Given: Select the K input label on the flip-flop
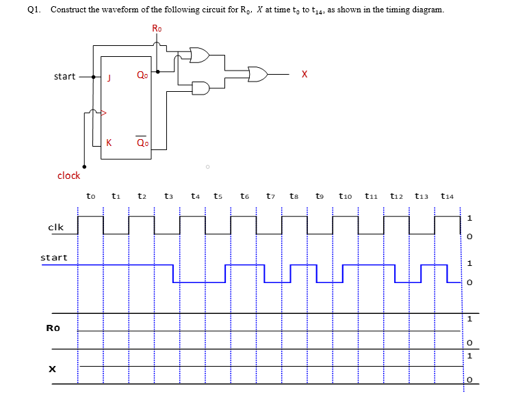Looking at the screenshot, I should tap(109, 143).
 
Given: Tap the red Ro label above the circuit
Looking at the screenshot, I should tap(157, 29).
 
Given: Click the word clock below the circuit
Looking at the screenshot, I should tap(68, 175).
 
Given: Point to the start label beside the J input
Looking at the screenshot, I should tap(64, 76).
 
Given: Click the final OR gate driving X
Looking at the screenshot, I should tap(258, 73).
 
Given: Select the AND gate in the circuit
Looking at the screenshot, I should tap(201, 88).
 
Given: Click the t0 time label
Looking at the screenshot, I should tap(91, 196).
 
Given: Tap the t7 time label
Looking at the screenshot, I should tap(271, 196).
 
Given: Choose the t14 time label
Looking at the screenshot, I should tap(448, 196).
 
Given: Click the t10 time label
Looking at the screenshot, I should tap(346, 196).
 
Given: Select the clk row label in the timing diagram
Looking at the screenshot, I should tap(56, 227).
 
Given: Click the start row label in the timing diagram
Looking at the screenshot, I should tap(54, 258).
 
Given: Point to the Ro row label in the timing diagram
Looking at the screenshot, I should tap(53, 328).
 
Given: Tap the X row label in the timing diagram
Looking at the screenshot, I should tap(51, 369).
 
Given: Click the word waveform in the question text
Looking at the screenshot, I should tap(134, 10).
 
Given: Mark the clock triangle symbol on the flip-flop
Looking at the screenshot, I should tap(104, 111).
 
